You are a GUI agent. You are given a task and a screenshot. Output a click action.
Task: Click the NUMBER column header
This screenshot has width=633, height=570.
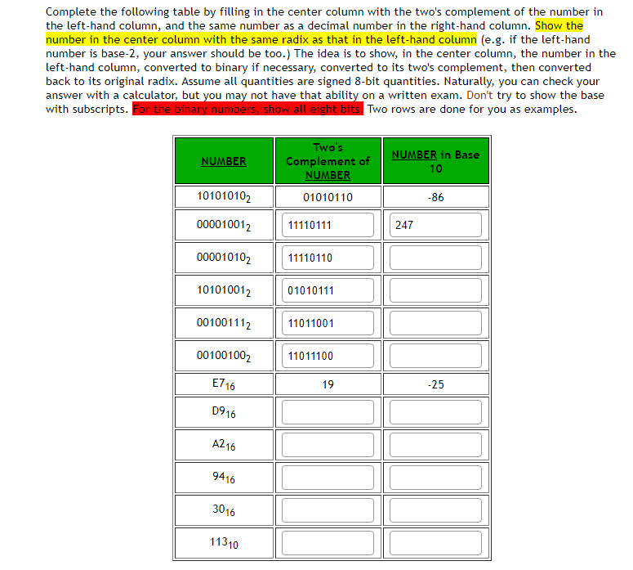coord(224,161)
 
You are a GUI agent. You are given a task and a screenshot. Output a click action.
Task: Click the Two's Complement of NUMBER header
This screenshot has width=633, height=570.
coord(328,161)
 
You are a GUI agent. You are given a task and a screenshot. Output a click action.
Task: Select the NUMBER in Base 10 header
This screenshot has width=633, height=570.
coord(435,161)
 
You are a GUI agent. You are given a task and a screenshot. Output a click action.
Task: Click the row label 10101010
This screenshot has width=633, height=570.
coord(224,197)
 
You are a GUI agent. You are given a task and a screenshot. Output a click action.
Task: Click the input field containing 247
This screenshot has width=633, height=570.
coord(435,225)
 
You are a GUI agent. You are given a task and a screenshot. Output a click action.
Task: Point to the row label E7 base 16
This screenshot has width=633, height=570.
coord(224,384)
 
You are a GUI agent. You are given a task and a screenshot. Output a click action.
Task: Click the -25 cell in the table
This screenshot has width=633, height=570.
coord(435,384)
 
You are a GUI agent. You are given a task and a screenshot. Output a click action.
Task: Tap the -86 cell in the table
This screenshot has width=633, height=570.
coord(435,197)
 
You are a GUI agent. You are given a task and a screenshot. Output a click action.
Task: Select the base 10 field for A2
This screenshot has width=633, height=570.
coord(435,445)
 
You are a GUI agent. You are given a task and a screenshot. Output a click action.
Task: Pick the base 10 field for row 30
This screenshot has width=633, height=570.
coord(435,510)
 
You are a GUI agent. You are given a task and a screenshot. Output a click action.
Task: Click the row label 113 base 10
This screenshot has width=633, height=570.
coord(224,543)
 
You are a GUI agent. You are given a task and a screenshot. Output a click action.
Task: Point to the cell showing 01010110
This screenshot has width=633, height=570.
coord(328,197)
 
